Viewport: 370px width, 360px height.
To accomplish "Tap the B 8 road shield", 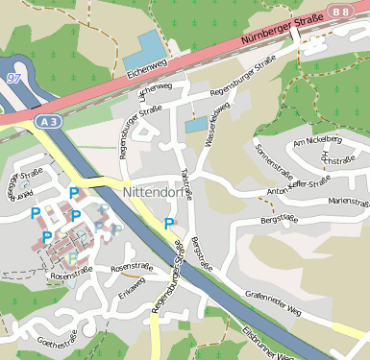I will [x=340, y=12].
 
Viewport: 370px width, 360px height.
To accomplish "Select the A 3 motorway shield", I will [x=50, y=122].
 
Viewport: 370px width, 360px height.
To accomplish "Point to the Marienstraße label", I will [x=347, y=202].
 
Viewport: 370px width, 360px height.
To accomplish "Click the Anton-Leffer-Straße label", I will [x=292, y=192].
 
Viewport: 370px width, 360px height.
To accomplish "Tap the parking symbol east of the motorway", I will [x=169, y=224].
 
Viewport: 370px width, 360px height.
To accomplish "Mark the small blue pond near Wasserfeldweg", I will [x=196, y=126].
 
